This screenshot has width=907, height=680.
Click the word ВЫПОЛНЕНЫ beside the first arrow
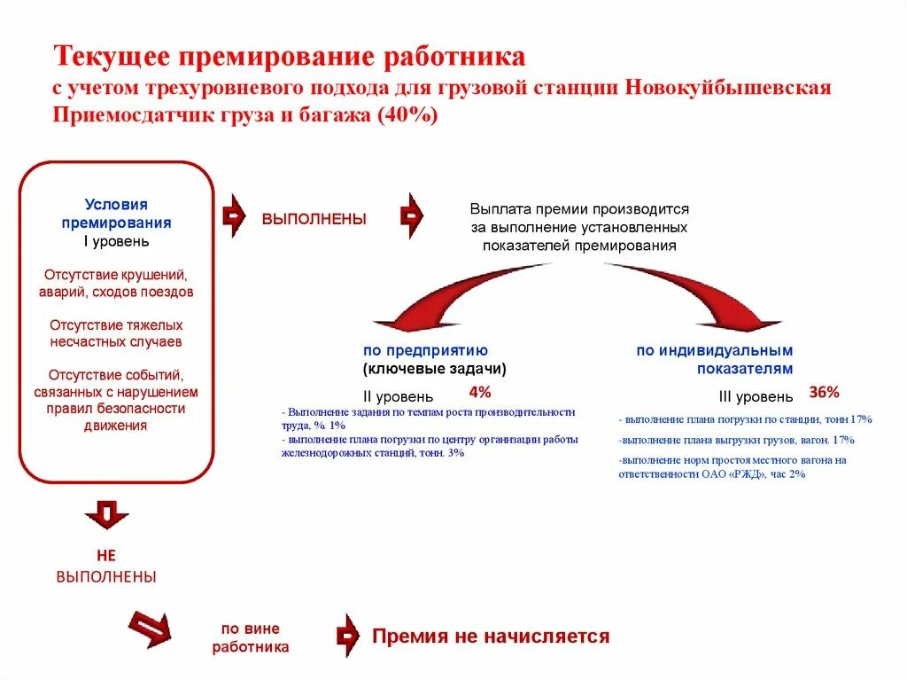[x=314, y=219]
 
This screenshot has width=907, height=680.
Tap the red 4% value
[x=479, y=391]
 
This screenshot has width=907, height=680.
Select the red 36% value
[x=824, y=391]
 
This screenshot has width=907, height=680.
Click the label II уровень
[x=399, y=396]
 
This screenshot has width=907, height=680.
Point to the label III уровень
[x=756, y=396]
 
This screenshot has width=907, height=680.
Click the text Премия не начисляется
[x=491, y=636]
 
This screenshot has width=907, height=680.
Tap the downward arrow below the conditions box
[x=106, y=513]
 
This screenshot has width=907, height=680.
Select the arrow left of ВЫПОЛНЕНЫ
[x=233, y=215]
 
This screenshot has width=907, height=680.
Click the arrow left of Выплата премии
[x=412, y=215]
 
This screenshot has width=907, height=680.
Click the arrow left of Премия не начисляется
[x=347, y=636]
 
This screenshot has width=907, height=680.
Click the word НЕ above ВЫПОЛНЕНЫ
[x=106, y=556]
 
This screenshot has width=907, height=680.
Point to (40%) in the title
[x=407, y=117]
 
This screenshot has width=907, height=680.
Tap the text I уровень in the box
[x=117, y=240]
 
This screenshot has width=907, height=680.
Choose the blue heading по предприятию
[x=425, y=350]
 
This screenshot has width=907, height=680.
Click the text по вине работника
[x=251, y=637]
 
